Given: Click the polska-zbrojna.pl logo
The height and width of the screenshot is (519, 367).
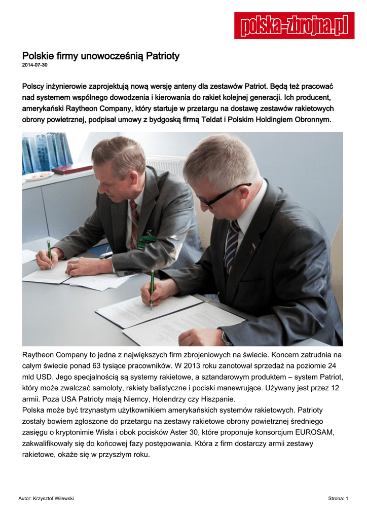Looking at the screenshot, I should tap(294, 25).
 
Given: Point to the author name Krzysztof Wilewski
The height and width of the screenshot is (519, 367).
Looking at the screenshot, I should tap(53, 499).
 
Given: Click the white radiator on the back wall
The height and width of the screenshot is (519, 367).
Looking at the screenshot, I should tap(167, 165).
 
